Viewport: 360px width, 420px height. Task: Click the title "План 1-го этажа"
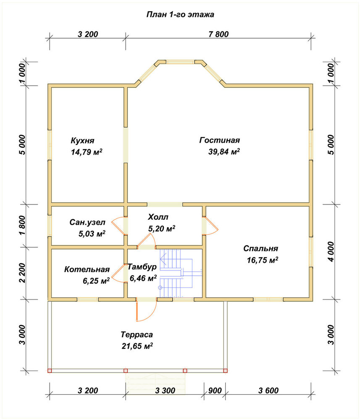180,14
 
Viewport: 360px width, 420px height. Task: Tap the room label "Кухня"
82,141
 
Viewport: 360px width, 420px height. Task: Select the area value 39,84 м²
224,152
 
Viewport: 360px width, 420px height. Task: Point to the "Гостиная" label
220,140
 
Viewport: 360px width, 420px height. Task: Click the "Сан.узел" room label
87,222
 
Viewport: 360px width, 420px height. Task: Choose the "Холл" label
158,217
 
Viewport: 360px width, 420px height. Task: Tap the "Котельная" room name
87,269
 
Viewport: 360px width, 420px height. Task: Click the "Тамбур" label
142,267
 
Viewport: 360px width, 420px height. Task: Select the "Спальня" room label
260,249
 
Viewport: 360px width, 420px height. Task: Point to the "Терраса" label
137,335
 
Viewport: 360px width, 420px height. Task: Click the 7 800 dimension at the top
218,34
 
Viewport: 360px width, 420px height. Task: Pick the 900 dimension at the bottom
215,391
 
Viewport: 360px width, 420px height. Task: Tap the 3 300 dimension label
165,391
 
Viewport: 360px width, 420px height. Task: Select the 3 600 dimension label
268,391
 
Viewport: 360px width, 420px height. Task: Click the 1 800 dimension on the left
23,225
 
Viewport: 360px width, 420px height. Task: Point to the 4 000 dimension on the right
331,252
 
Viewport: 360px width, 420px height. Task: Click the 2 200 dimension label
23,273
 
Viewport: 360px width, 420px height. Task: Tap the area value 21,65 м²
137,346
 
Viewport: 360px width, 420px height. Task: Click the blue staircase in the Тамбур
177,273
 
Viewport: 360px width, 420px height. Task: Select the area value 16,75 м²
263,260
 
